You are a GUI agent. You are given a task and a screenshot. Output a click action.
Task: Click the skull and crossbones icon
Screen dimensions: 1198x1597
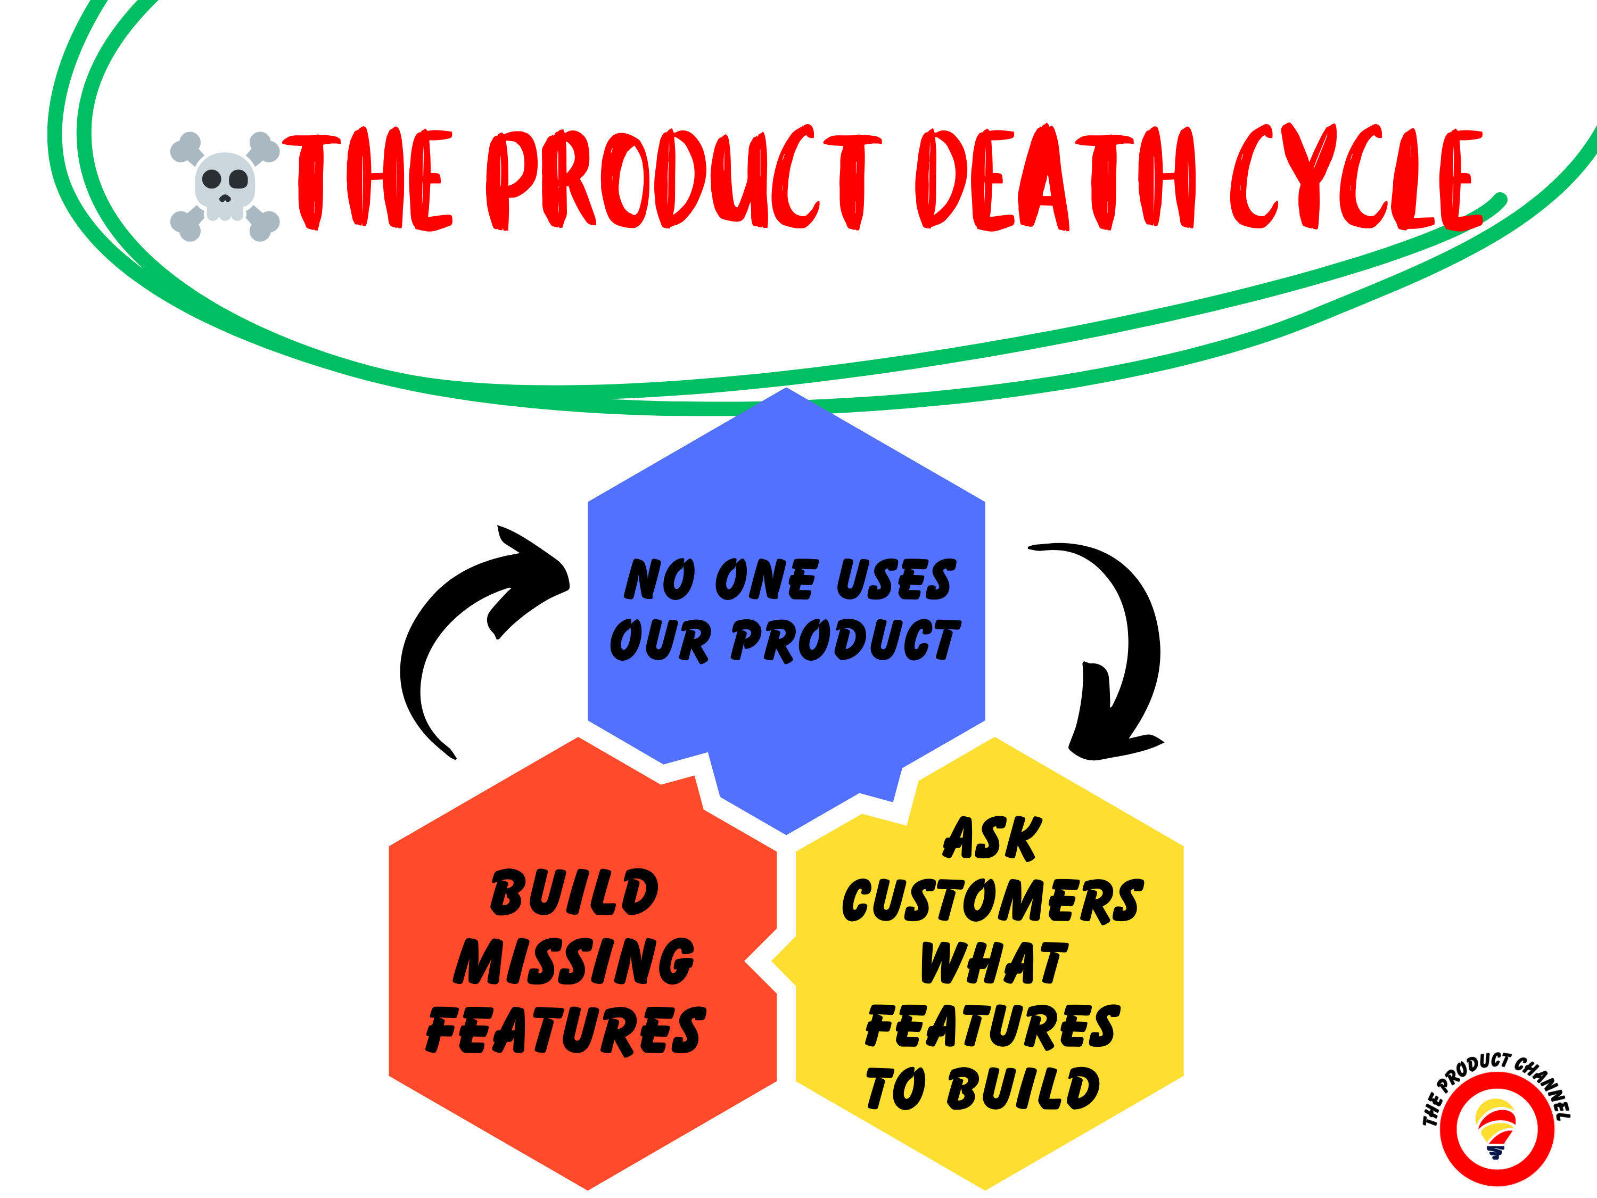(x=225, y=186)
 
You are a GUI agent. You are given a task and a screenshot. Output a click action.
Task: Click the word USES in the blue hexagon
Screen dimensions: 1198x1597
(x=895, y=580)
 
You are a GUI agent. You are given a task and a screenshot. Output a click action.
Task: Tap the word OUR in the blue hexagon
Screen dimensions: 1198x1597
(x=660, y=641)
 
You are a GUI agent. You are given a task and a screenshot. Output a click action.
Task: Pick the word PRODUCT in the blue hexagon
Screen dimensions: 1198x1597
(x=845, y=641)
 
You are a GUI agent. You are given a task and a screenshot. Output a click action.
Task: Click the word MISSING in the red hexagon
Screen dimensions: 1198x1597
(x=574, y=962)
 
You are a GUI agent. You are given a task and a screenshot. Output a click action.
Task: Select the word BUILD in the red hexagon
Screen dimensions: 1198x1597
(x=574, y=892)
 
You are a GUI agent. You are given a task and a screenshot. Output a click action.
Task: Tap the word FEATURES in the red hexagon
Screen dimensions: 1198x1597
(x=565, y=1031)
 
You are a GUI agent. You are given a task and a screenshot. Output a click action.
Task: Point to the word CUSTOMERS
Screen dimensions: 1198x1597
(x=993, y=901)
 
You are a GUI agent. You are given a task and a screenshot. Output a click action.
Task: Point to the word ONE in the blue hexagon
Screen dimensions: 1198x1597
(x=766, y=580)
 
